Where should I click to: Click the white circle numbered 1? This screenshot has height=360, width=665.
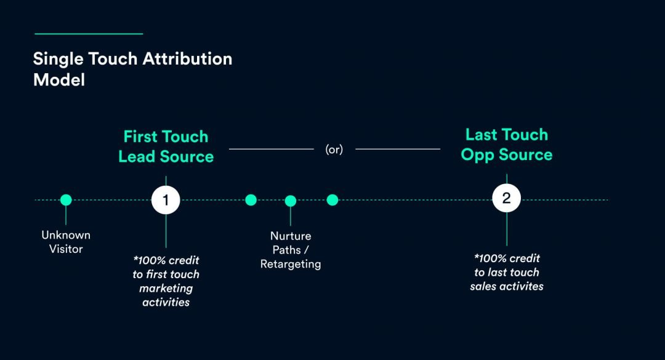click(x=166, y=200)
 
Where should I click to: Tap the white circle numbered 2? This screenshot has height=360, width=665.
click(x=506, y=199)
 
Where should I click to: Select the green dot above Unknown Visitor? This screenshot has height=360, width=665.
click(x=66, y=200)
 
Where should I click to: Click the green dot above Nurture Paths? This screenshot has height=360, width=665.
click(x=291, y=201)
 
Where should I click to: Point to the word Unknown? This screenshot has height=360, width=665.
click(x=66, y=235)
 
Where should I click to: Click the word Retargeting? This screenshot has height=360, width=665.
click(x=291, y=265)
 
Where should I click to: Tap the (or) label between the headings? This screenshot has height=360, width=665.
click(x=334, y=149)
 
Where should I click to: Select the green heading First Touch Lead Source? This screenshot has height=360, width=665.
click(x=166, y=146)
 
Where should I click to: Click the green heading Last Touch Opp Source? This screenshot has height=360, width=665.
click(x=506, y=145)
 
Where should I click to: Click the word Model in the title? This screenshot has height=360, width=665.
click(x=59, y=79)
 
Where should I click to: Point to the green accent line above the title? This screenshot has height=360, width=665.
click(x=89, y=34)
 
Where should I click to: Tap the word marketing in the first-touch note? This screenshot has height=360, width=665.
click(x=166, y=288)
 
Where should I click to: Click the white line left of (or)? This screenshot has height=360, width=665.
click(x=272, y=148)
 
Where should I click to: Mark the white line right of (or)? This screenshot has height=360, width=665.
click(x=398, y=148)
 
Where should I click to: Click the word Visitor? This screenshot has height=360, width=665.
click(x=66, y=249)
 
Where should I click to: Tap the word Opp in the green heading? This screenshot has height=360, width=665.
click(x=478, y=154)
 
